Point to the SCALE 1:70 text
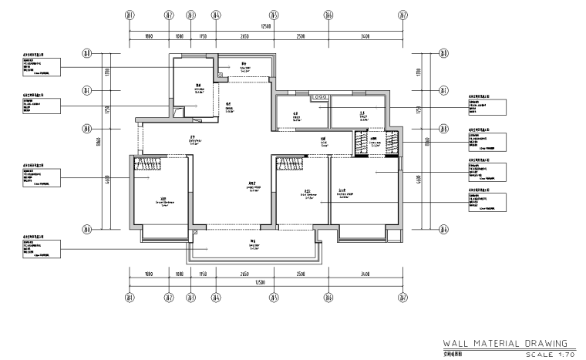(x=544, y=354)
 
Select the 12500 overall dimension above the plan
(x=267, y=26)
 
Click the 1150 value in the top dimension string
(x=204, y=36)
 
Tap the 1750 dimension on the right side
(x=417, y=109)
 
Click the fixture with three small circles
(x=318, y=97)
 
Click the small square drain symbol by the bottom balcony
(x=196, y=230)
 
